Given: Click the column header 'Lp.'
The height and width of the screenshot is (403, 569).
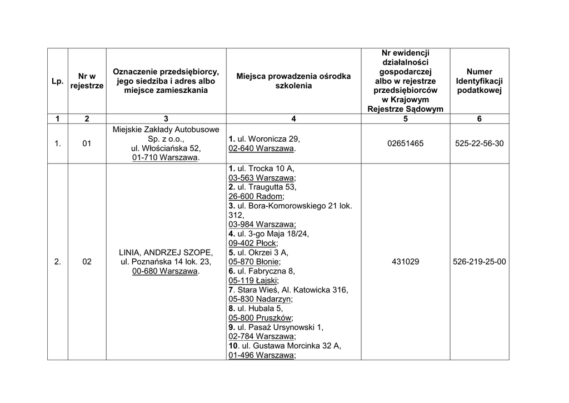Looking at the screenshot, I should point(57,81).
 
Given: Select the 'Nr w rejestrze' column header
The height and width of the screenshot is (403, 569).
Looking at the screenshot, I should point(87,81).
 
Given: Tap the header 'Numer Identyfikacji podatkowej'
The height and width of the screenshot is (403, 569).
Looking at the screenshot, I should point(479,81).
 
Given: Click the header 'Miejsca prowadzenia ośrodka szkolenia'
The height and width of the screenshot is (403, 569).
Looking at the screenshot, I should point(293,81).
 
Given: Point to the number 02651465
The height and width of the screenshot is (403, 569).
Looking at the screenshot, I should point(405,143).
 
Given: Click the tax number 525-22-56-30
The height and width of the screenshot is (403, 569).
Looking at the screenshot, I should point(479,143).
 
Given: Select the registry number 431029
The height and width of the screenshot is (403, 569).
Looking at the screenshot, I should point(405,261).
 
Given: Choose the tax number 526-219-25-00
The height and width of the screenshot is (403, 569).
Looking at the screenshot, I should point(479,261).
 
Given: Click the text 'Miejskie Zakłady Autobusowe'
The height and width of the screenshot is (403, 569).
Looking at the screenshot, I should point(166,130).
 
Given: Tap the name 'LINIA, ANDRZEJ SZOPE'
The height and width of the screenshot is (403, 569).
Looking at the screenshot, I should point(166,252).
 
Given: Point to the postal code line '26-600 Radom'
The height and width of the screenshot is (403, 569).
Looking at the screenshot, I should point(256,196).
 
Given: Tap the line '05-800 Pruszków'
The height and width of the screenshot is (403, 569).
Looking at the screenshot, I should point(260,318).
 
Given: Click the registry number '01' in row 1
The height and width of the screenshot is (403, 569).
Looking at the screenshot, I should point(87,143).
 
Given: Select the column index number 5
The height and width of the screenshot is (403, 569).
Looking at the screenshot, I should point(405,118).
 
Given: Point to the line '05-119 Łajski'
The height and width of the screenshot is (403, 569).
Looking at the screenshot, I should point(253,281).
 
